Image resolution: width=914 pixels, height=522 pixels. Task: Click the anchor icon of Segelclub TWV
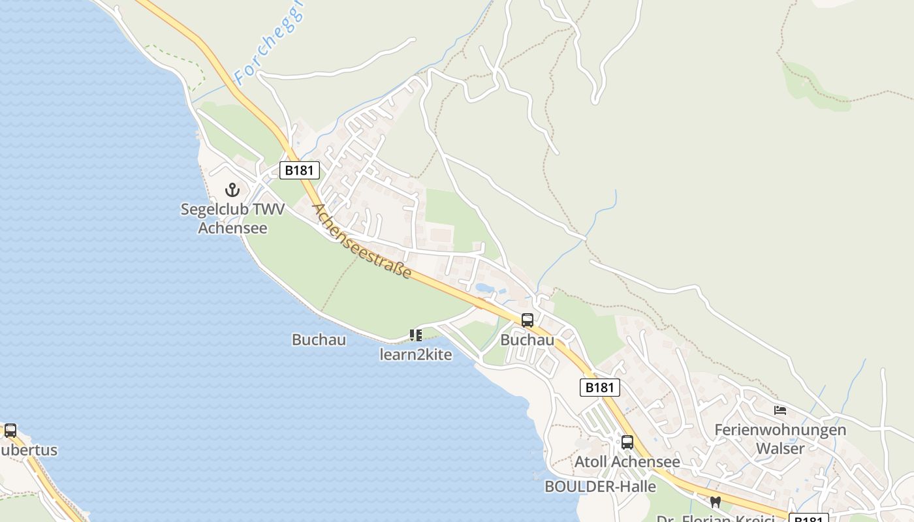coord(232,190)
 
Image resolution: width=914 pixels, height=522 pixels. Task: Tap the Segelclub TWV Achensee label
coord(232,219)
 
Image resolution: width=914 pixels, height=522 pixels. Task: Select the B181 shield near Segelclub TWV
coord(300,170)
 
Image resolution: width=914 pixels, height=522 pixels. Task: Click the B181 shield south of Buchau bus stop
coord(599,387)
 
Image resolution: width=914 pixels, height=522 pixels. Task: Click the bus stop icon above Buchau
coord(527,320)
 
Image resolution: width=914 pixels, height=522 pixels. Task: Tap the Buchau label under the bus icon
coord(527,340)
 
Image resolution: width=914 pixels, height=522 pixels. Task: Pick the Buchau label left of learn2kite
coord(319,340)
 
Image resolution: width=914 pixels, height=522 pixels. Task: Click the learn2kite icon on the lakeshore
coord(415,335)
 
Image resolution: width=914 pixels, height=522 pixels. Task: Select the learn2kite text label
coord(415,354)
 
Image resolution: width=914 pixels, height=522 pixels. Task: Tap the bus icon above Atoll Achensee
coord(627,442)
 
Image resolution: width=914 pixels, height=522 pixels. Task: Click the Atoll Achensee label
coord(627,462)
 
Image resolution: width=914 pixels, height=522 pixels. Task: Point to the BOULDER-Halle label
coord(600,486)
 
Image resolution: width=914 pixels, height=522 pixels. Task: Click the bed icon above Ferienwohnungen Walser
coord(780,410)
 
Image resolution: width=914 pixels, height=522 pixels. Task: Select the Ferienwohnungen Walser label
coord(780,439)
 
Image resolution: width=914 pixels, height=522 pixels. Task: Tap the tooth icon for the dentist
coord(715,502)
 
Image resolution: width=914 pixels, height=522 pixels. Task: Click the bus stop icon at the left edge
coord(10,431)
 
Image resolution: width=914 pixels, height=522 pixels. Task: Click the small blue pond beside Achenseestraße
coord(484,288)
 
